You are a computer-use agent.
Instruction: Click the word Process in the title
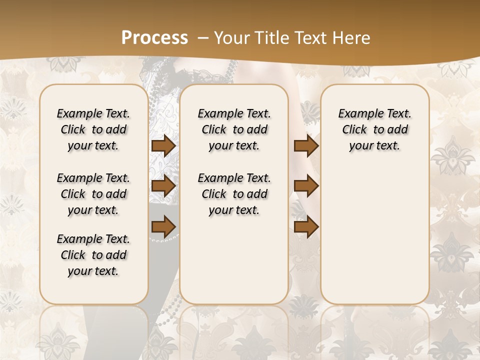[154, 38]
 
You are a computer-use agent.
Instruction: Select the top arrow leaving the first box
[163, 145]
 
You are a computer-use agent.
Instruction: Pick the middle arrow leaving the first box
[163, 186]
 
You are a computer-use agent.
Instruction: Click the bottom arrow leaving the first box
[163, 226]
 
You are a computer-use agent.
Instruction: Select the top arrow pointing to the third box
[306, 145]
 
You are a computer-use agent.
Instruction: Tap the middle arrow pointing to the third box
[306, 186]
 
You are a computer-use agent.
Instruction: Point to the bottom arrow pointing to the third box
[306, 226]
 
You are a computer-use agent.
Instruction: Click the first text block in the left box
[93, 129]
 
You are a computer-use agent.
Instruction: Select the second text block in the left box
[93, 194]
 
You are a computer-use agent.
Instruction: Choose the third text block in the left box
[93, 255]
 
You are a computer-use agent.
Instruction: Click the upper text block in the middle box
[234, 129]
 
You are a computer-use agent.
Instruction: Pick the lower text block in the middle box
[234, 194]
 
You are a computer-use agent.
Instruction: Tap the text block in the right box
[375, 129]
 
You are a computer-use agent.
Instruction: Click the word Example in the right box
[359, 113]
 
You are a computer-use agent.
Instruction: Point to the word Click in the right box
[354, 129]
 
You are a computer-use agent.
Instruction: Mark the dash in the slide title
[202, 38]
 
